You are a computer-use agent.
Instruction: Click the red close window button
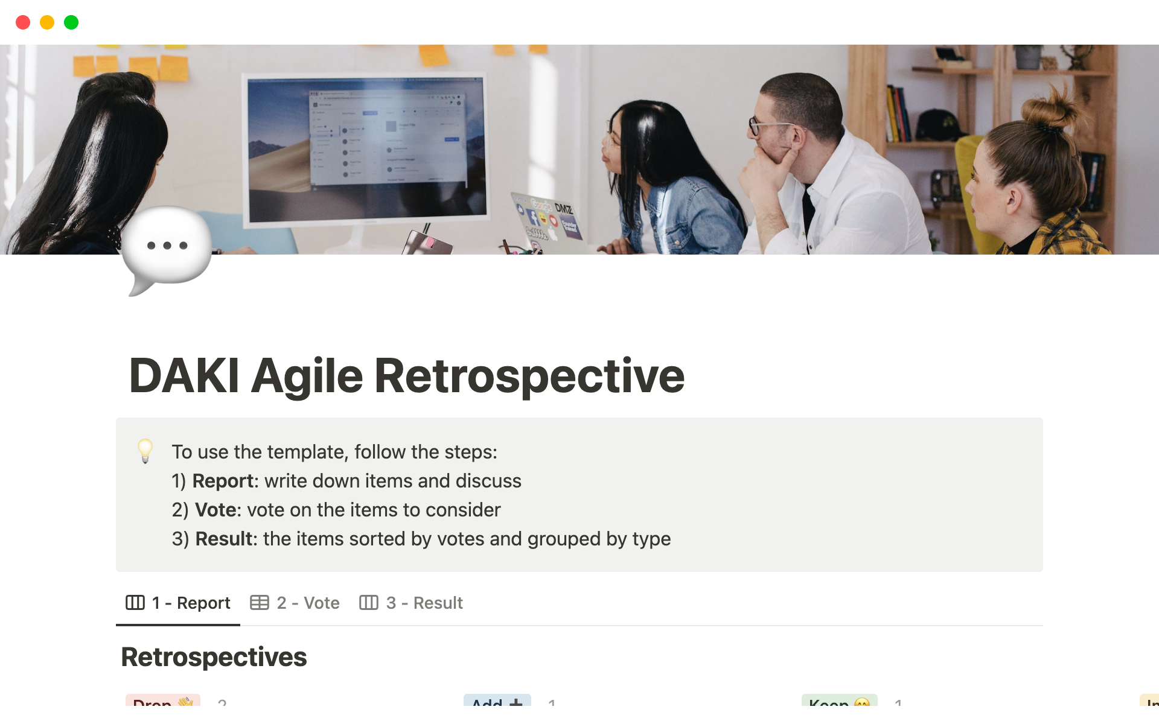(x=23, y=22)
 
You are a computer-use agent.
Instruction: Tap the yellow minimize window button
(x=47, y=22)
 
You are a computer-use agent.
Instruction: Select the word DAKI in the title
(x=184, y=376)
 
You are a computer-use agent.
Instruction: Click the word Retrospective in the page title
(x=529, y=376)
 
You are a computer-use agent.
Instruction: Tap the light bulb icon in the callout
(x=145, y=451)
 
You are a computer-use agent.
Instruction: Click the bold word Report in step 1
(x=222, y=481)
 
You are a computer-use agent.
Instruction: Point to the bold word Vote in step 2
(x=215, y=510)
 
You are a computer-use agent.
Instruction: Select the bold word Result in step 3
(x=223, y=539)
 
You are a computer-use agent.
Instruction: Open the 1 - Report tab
(x=179, y=603)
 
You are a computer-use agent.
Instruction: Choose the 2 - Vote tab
(x=295, y=603)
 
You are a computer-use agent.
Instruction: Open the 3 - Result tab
(x=412, y=603)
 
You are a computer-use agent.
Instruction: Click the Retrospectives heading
(x=214, y=657)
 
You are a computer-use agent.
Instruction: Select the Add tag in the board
(x=496, y=702)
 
